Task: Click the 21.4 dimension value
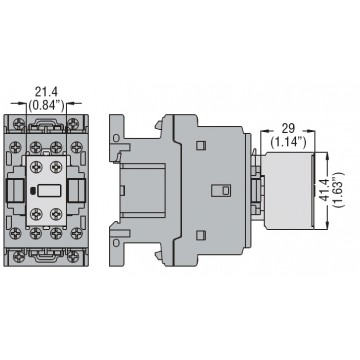[46, 91]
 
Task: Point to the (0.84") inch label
[46, 105]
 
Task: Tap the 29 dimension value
[288, 129]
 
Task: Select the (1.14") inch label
[288, 143]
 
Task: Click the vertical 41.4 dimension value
[324, 189]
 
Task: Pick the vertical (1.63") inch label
[339, 189]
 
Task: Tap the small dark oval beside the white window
[33, 191]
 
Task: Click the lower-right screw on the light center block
[56, 214]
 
